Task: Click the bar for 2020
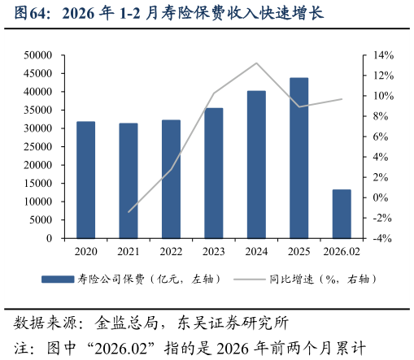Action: pyautogui.click(x=85, y=180)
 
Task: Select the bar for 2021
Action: pyautogui.click(x=129, y=181)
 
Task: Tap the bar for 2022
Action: pyautogui.click(x=171, y=180)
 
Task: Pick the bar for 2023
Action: pyautogui.click(x=214, y=173)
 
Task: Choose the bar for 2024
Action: pyautogui.click(x=256, y=165)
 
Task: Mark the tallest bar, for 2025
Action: pyautogui.click(x=299, y=158)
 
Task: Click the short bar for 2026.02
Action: pyautogui.click(x=342, y=214)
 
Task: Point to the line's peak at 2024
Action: pyautogui.click(x=256, y=63)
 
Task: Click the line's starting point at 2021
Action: pyautogui.click(x=129, y=212)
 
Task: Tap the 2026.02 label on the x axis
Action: pyautogui.click(x=342, y=253)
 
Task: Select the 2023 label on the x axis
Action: pyautogui.click(x=214, y=253)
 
